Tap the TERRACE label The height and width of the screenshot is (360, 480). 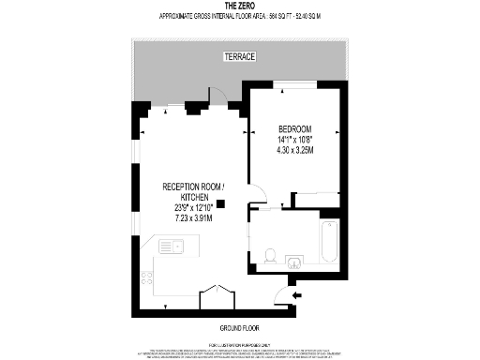point(239,57)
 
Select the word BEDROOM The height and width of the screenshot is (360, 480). point(294,128)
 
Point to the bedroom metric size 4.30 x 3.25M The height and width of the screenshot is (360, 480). point(294,149)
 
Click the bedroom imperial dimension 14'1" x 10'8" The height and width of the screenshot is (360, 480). point(294,139)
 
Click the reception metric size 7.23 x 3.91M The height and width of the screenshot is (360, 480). point(194,217)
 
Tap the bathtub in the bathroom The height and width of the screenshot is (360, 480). point(328,241)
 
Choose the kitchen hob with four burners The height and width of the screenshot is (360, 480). point(146,278)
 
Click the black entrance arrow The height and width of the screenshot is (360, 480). point(297,295)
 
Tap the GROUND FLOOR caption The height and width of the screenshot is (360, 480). point(239,327)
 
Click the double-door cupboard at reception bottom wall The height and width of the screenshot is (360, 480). point(217,293)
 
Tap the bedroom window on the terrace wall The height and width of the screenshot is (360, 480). point(294,83)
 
